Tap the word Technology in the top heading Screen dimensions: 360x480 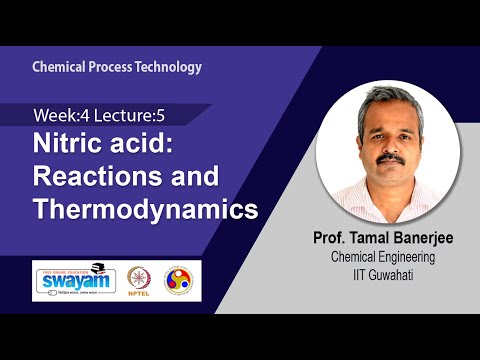click(169, 67)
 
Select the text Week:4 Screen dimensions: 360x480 click(59, 116)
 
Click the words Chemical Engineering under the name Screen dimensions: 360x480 click(384, 259)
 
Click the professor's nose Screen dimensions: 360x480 click(392, 146)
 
